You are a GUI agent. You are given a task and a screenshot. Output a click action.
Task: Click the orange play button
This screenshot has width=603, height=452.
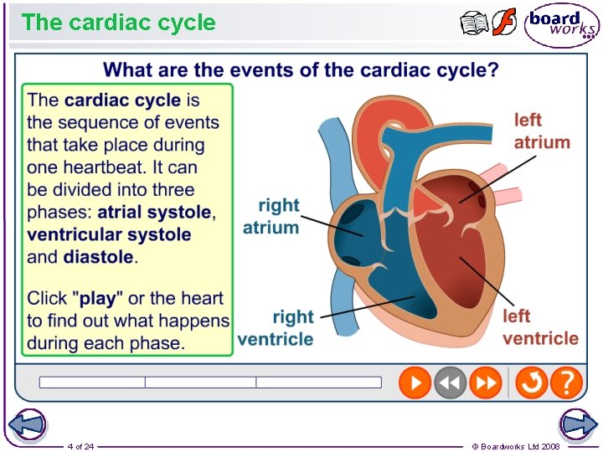click(415, 383)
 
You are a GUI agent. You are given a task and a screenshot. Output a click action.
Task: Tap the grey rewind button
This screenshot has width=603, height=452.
click(450, 383)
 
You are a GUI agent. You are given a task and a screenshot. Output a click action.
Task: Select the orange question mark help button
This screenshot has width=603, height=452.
click(567, 383)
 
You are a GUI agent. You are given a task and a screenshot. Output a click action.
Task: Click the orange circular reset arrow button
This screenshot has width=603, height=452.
click(531, 383)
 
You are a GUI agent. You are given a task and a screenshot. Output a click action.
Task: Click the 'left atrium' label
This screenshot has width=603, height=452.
click(541, 131)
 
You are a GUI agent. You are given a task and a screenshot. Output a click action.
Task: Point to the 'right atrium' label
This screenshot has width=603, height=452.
click(271, 216)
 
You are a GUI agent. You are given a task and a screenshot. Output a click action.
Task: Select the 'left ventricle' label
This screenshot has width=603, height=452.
click(540, 327)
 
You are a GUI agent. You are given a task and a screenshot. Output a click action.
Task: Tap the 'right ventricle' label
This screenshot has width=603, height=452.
click(276, 328)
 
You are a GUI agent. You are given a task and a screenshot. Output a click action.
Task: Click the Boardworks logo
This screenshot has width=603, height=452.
click(561, 25)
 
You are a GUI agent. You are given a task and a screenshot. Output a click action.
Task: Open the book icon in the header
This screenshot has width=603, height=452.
click(474, 23)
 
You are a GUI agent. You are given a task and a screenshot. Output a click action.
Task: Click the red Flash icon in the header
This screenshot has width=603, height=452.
click(504, 23)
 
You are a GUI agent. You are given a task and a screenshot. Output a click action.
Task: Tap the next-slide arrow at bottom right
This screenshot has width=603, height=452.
click(578, 425)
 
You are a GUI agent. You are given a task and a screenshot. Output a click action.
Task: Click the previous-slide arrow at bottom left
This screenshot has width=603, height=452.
click(25, 425)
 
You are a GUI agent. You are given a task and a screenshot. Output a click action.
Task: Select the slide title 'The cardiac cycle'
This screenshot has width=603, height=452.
click(118, 23)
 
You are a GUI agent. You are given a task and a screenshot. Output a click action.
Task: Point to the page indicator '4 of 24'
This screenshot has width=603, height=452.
click(80, 446)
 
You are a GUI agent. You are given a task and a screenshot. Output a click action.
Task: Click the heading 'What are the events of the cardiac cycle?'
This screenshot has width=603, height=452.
click(300, 69)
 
